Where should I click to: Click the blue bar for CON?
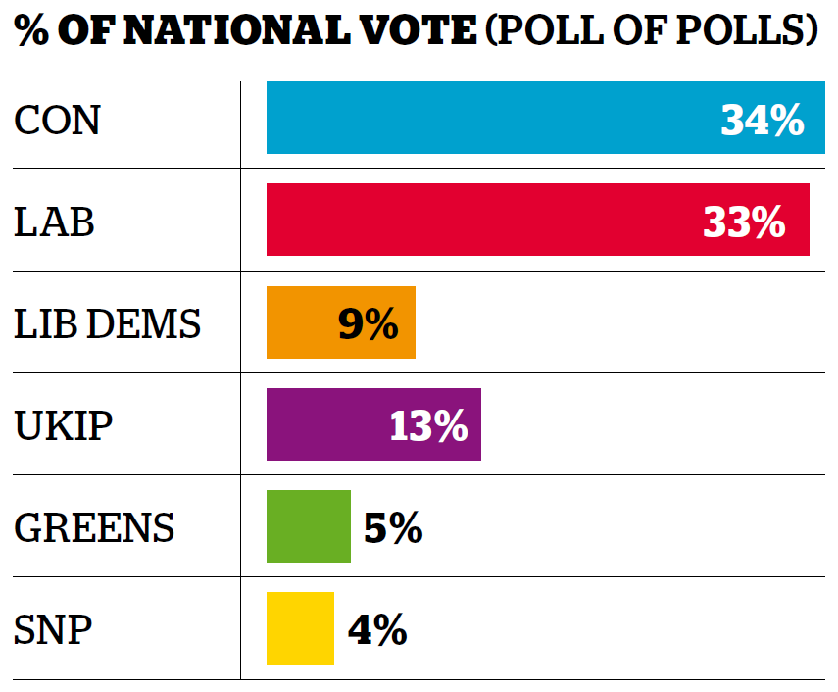click(x=490, y=118)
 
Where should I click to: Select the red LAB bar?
click(x=480, y=220)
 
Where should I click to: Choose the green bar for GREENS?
click(x=308, y=526)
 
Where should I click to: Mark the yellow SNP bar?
click(x=300, y=628)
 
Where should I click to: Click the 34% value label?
click(x=762, y=121)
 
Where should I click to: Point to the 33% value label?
click(x=744, y=222)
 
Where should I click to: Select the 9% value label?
click(x=368, y=324)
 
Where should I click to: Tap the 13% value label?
click(x=428, y=426)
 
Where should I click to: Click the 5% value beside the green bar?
click(x=392, y=528)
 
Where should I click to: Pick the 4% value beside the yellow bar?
click(x=377, y=630)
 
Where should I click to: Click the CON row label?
click(x=57, y=121)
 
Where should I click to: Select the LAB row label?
click(x=54, y=222)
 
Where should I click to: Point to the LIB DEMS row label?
click(x=107, y=324)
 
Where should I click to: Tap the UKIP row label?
click(x=63, y=426)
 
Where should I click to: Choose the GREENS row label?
click(x=94, y=528)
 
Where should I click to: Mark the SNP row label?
click(x=53, y=630)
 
